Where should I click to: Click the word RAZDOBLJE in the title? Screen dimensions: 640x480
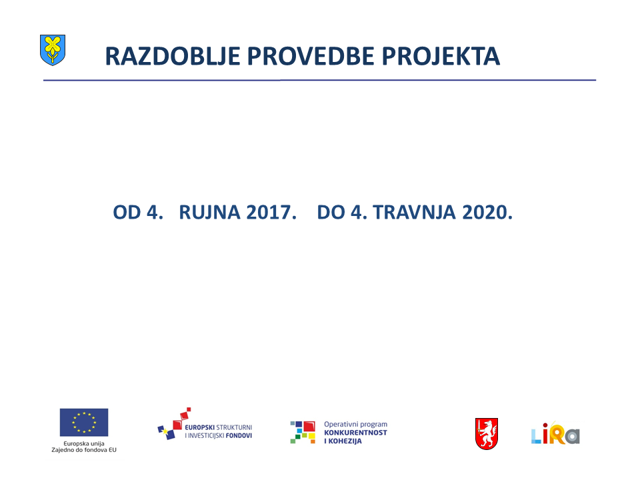(172, 56)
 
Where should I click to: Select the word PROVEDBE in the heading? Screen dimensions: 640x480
(310, 56)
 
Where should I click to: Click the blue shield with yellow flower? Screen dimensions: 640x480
(53, 50)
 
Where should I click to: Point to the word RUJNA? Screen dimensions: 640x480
(209, 212)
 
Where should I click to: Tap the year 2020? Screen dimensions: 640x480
(487, 212)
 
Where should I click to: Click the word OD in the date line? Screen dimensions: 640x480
(127, 212)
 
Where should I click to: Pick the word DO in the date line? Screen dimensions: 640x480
(331, 212)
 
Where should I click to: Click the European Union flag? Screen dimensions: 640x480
(84, 423)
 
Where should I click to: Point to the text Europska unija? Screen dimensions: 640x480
(84, 443)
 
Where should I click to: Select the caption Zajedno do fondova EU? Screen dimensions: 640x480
(84, 450)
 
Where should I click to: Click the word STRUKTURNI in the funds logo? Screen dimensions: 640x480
(234, 427)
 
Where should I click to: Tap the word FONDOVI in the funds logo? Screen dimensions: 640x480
(239, 435)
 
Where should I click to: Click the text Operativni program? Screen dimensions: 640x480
(355, 425)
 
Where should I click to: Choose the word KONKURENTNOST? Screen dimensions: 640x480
(355, 433)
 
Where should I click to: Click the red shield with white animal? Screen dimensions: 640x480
(487, 433)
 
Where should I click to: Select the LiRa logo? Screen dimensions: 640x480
(555, 433)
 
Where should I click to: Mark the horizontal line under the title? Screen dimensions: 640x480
(319, 80)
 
